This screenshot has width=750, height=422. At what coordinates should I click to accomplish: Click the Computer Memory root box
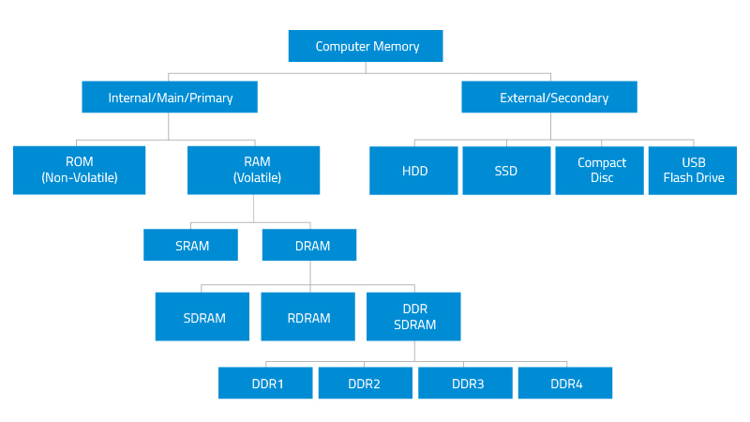coord(366,46)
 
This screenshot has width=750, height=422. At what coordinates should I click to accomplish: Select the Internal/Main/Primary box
coord(170,98)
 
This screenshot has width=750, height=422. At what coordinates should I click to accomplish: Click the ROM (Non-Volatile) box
coord(79,170)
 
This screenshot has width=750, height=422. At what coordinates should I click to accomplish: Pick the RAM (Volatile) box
coord(255,170)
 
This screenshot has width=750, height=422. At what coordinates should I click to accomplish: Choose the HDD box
coord(414,171)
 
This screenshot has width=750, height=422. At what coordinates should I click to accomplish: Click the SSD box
coord(506,171)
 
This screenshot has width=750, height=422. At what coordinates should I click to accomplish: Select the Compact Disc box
coord(601,170)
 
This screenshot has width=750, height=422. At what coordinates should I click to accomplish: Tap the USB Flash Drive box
coord(694,170)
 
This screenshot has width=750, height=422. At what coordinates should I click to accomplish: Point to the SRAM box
coord(191,246)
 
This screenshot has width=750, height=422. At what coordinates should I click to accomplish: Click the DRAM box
coord(310,246)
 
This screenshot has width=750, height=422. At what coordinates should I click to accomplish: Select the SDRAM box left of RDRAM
coord(202,317)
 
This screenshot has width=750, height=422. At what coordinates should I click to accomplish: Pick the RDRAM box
coord(308,317)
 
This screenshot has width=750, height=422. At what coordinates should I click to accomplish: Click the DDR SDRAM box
coord(413,317)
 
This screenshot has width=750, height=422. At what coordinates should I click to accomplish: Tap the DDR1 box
coord(266,383)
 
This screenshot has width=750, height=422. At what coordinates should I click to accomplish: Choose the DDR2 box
coord(365,383)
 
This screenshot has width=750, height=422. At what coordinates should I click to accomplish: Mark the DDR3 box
coord(466,383)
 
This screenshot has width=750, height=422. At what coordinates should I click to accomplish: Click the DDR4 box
coord(565,383)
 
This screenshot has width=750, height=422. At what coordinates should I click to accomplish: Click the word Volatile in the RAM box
coord(257,177)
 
